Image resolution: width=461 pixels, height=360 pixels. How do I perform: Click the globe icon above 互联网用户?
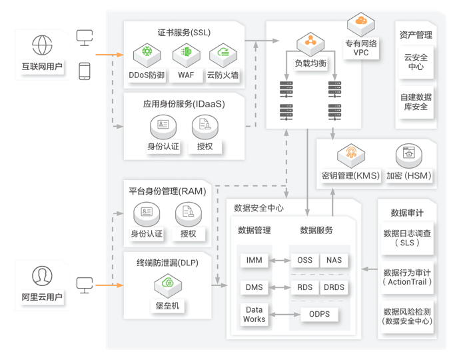[42, 45]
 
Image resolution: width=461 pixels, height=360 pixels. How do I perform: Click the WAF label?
[186, 75]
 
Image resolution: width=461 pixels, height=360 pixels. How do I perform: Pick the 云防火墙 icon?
[222, 53]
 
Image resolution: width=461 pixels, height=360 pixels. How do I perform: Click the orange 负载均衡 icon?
[310, 43]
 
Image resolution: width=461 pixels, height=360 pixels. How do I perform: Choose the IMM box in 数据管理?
[254, 260]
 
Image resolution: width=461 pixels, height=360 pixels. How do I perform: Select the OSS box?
[304, 260]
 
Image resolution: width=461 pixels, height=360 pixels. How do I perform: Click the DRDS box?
[334, 287]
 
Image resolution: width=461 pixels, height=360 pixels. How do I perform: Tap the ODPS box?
[319, 314]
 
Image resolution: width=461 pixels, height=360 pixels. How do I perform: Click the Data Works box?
[254, 315]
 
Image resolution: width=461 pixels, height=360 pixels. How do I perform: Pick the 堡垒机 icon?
[167, 286]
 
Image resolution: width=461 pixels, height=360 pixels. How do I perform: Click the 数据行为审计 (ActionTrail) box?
[407, 277]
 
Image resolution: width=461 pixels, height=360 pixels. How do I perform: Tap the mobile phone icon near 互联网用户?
[85, 71]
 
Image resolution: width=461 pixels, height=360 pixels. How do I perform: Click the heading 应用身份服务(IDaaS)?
[175, 104]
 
